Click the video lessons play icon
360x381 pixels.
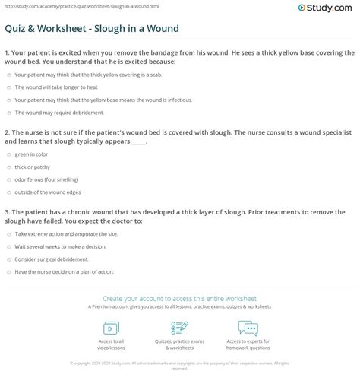111,328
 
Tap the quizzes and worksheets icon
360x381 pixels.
179,328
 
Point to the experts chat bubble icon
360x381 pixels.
248,328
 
